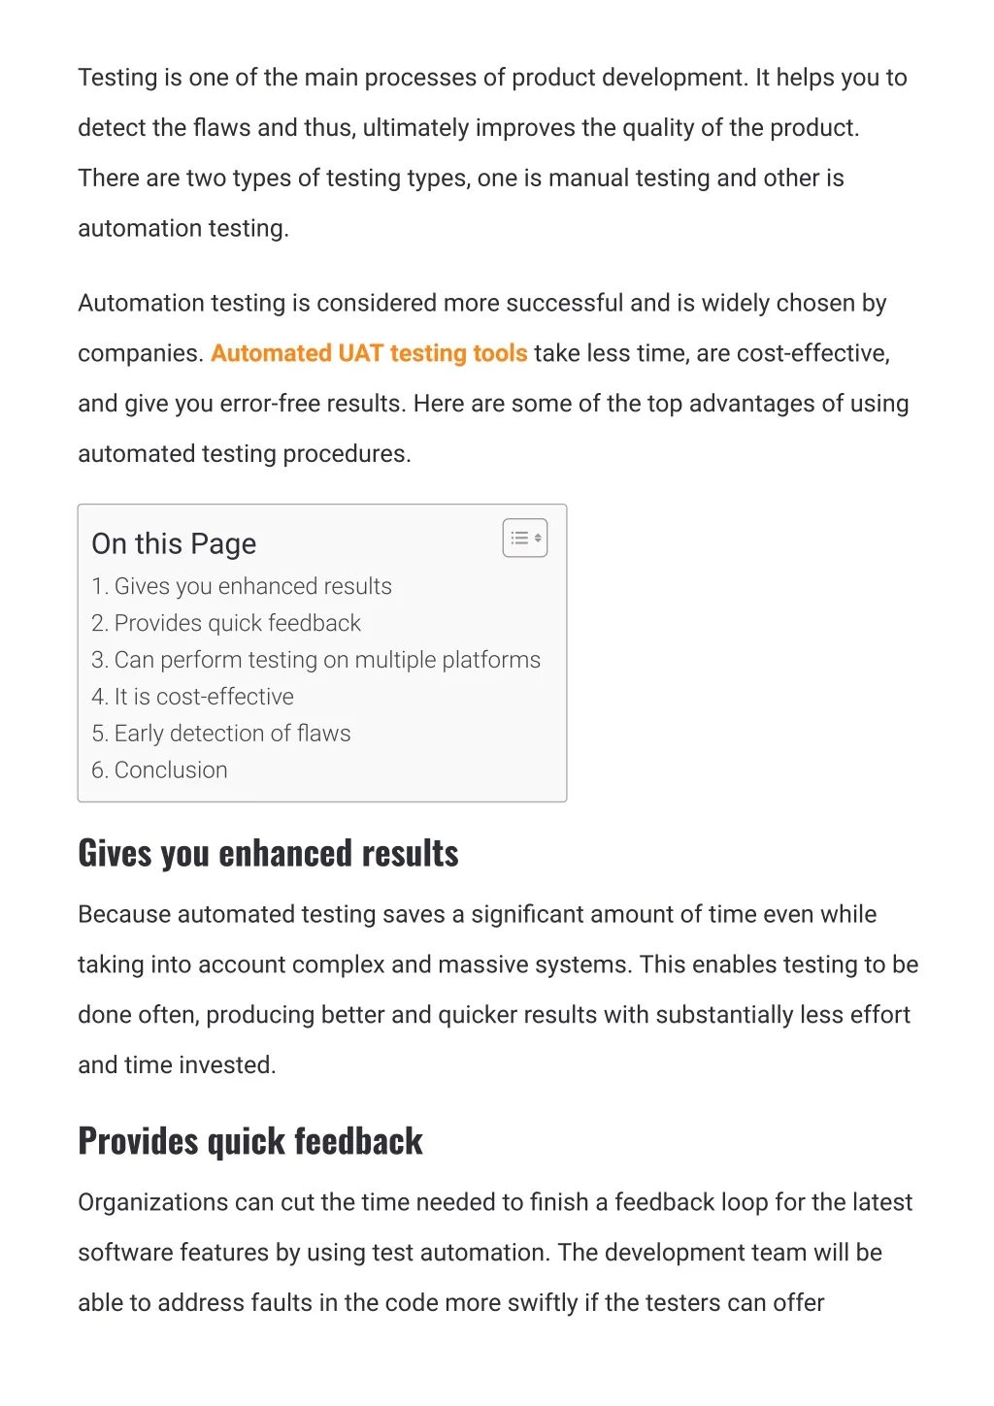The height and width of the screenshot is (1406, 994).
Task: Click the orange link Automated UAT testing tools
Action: point(369,353)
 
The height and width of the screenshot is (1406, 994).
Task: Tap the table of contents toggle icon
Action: point(525,538)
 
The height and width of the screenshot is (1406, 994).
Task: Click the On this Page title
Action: point(174,544)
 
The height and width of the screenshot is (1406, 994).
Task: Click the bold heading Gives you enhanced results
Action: point(268,853)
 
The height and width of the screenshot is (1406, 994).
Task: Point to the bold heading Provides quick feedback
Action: point(250,1141)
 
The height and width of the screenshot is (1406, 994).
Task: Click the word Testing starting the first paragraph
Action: point(116,78)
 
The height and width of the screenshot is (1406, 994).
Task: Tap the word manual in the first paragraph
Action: point(588,179)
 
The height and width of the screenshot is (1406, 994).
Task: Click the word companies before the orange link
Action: point(140,353)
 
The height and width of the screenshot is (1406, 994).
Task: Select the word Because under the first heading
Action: point(124,915)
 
